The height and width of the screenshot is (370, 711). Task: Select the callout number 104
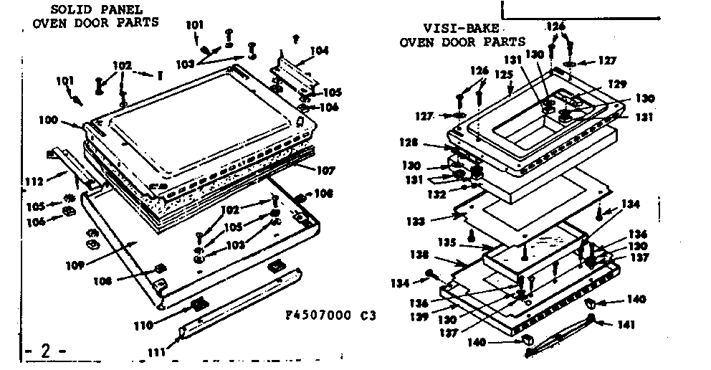(320, 51)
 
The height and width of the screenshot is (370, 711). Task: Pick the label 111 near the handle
(157, 351)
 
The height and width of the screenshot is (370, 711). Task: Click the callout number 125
(505, 74)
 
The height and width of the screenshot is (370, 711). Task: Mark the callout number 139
(421, 316)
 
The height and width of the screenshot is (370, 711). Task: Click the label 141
(626, 324)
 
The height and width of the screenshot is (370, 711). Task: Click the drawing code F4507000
(313, 314)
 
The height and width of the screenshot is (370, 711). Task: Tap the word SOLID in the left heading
(68, 9)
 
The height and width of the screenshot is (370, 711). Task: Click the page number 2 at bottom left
(44, 351)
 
